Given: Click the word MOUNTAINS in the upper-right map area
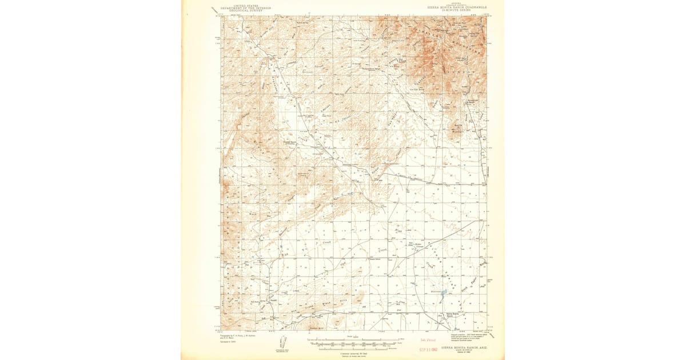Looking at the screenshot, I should tap(452, 49).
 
